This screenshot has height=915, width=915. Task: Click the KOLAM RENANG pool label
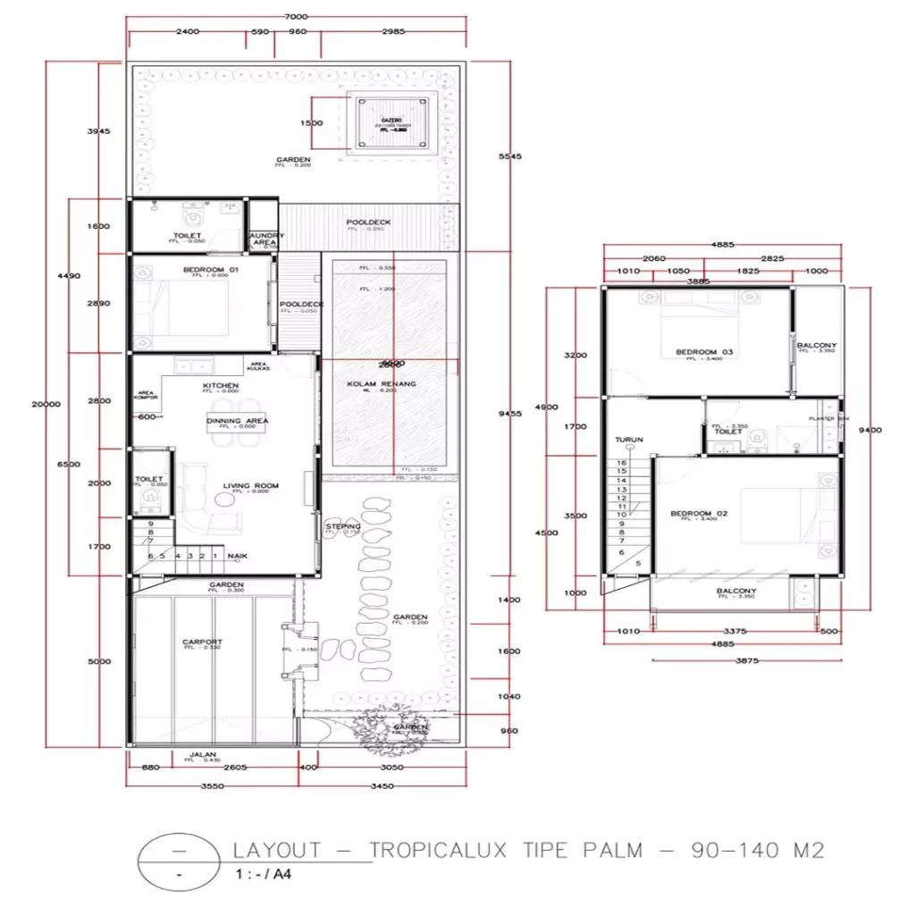point(382,383)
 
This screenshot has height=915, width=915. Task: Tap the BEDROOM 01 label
point(198,269)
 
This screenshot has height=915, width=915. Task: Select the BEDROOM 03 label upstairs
point(704,352)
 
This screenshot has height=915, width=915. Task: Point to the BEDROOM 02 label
point(700,513)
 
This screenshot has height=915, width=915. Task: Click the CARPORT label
point(202,642)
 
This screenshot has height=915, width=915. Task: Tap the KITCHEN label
point(220,385)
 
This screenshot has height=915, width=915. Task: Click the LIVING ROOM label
point(250,486)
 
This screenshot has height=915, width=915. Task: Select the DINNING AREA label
point(237,421)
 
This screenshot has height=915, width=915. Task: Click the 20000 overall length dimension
point(46,404)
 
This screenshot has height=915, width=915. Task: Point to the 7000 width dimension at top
point(292,17)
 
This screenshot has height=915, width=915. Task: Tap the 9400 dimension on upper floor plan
point(869,430)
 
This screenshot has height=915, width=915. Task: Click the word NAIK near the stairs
point(237,556)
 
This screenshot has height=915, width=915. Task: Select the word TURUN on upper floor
point(629,441)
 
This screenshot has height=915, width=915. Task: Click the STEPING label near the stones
point(343,527)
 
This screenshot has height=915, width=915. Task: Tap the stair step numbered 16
point(622,463)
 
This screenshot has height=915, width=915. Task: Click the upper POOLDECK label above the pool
point(365,222)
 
